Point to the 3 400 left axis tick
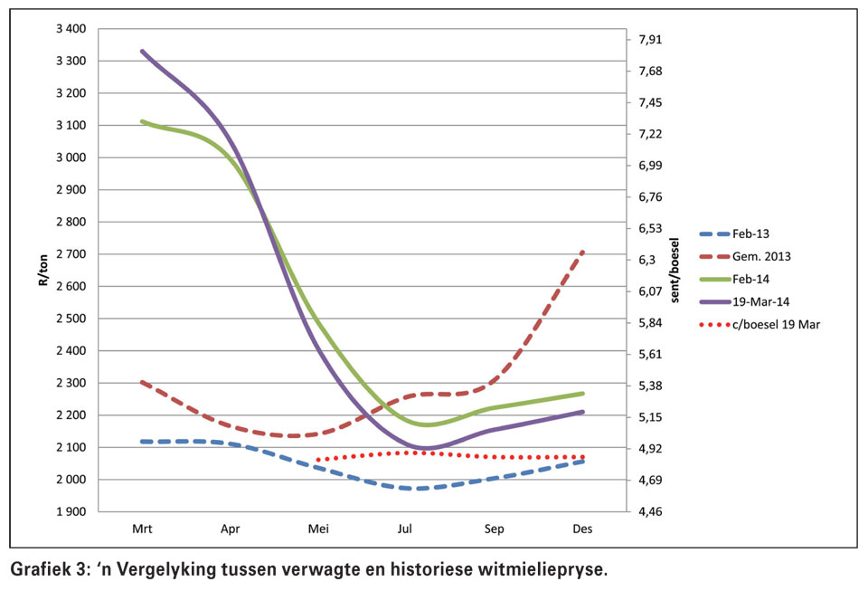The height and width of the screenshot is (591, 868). point(71,29)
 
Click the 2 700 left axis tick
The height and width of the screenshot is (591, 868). point(71,254)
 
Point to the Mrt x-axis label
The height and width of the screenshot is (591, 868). point(142,529)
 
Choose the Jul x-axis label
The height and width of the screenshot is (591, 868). point(407,529)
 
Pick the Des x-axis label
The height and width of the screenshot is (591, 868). point(582,529)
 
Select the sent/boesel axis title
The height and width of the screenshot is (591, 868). point(675,271)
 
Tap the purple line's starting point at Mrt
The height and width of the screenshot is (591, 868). point(143,52)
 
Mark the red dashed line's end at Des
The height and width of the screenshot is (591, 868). point(582,253)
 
